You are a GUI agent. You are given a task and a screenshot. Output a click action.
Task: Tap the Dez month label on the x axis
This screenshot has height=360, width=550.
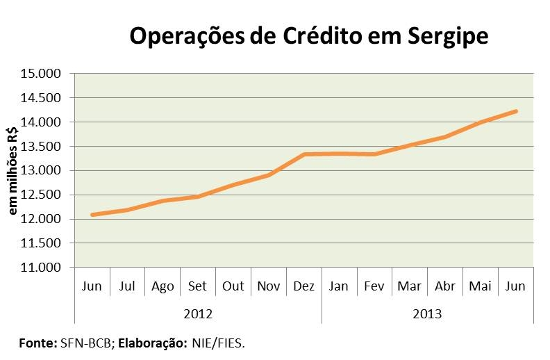click(x=304, y=286)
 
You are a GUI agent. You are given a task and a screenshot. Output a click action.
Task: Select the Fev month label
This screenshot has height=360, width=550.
click(x=375, y=286)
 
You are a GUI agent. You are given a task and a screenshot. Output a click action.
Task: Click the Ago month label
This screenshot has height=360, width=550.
click(x=162, y=286)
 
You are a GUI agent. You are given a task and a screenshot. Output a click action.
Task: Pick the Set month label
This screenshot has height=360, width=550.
click(x=198, y=286)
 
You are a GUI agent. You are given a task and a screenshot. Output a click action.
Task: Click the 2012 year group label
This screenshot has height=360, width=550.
click(x=198, y=313)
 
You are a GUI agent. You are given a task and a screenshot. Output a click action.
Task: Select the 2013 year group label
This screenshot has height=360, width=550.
click(x=428, y=313)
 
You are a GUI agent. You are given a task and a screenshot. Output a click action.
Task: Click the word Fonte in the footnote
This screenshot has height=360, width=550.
click(x=37, y=343)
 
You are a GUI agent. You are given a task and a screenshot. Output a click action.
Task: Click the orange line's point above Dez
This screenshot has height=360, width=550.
click(x=304, y=154)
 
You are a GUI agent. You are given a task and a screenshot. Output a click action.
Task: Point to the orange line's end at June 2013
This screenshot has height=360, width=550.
click(x=516, y=111)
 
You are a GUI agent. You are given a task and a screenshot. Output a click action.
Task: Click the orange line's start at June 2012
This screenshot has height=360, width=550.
click(x=92, y=215)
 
